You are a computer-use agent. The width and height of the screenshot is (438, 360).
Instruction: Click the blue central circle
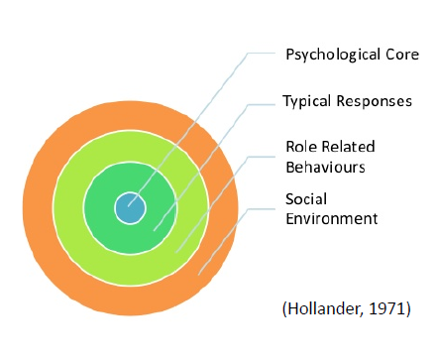[x=130, y=208]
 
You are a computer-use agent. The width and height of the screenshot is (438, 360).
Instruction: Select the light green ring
[x=67, y=208]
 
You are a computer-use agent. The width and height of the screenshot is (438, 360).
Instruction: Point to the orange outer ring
[x=38, y=208]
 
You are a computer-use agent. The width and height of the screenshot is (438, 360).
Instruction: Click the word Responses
[x=375, y=101]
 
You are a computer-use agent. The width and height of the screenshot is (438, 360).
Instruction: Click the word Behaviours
[x=325, y=167]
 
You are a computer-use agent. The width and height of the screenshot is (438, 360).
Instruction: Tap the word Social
[x=306, y=199]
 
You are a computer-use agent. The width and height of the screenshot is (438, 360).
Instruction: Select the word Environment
[x=332, y=218]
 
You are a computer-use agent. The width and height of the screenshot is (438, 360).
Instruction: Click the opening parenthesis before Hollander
[x=284, y=308]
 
